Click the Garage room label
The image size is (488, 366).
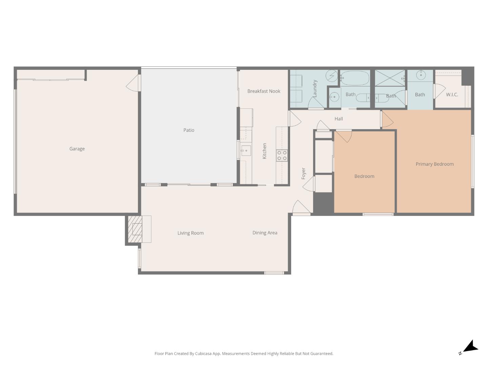(77, 149)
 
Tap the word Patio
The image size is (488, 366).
(189, 130)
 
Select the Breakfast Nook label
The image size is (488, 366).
(264, 91)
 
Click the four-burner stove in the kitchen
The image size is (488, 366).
(282, 156)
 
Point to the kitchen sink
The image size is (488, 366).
(246, 150)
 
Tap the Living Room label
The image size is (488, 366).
(190, 233)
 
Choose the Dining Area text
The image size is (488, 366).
(265, 233)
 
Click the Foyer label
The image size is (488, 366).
(304, 174)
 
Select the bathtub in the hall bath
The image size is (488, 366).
(354, 78)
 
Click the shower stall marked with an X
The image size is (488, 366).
(390, 78)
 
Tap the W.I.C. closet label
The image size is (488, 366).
(452, 95)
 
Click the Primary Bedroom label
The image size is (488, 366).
(434, 164)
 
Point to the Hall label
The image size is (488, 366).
(339, 119)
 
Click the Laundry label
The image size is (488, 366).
(315, 88)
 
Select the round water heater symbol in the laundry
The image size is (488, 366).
(331, 76)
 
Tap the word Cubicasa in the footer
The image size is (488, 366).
(203, 353)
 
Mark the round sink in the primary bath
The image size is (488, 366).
(421, 75)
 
